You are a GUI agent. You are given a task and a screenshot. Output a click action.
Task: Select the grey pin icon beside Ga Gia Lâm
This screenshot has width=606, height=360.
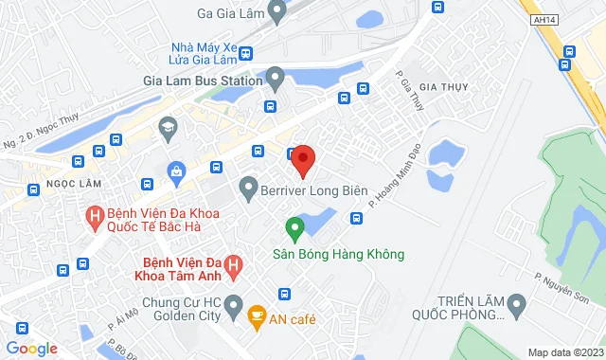(x=276, y=11)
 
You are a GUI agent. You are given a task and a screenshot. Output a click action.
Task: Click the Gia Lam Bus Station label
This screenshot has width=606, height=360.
(x=201, y=81)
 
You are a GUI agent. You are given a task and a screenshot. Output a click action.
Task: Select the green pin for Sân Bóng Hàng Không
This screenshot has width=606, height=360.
(x=294, y=229)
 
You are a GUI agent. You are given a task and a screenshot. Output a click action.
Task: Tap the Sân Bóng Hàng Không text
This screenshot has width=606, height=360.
(x=338, y=254)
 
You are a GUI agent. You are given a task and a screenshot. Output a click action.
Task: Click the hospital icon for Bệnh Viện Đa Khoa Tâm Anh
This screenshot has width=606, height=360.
(x=245, y=257)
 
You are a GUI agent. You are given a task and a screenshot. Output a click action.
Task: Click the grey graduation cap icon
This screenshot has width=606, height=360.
(x=168, y=127)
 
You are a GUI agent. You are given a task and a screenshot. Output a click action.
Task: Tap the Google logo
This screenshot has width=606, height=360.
(x=31, y=348)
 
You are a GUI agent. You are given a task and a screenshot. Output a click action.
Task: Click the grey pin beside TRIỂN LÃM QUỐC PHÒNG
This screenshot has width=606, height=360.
(x=516, y=306)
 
